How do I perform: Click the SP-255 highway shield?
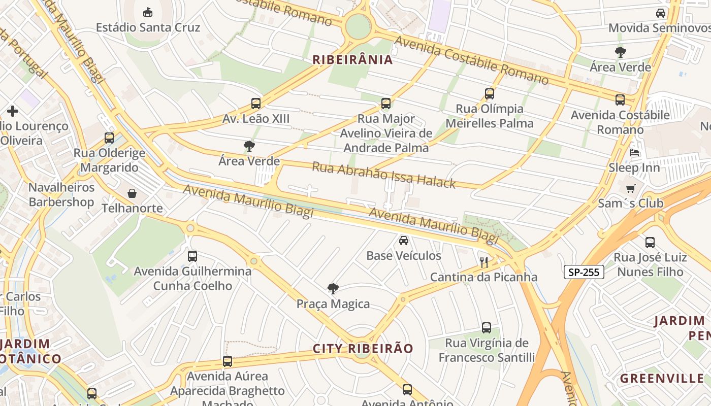click(x=584, y=272)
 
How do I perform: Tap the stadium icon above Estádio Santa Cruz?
click(x=148, y=12)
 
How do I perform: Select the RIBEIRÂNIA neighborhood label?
click(x=352, y=60)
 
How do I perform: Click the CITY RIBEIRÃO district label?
click(x=363, y=349)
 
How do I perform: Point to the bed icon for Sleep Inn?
click(x=634, y=152)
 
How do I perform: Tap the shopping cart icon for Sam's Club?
click(x=630, y=188)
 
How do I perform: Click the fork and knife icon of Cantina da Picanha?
click(x=484, y=262)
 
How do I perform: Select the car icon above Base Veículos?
click(x=404, y=240)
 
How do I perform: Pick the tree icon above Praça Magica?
click(x=333, y=289)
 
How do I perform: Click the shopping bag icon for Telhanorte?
click(x=132, y=193)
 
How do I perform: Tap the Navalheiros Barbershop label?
click(x=61, y=195)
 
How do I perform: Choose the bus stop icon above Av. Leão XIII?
click(x=256, y=104)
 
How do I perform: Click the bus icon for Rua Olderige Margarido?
click(x=109, y=138)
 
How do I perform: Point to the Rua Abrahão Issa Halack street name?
click(x=383, y=175)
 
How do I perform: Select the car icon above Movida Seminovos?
click(x=661, y=13)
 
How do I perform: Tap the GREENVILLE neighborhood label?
click(x=662, y=379)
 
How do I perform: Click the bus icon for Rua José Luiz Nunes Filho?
click(x=650, y=242)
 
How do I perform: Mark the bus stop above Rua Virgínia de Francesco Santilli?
click(x=487, y=328)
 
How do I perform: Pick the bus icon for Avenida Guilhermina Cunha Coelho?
click(x=192, y=256)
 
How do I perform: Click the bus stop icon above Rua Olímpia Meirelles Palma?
click(x=490, y=93)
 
